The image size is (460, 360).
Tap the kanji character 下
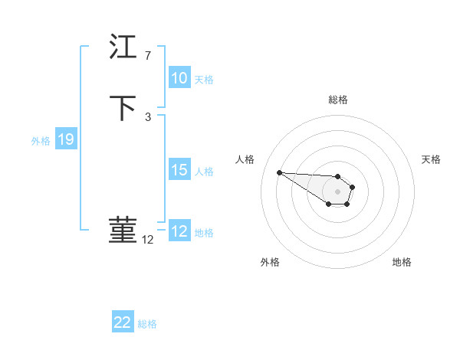pyautogui.click(x=123, y=106)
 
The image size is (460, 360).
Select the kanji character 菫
pyautogui.click(x=123, y=229)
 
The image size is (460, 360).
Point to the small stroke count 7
pyautogui.click(x=148, y=55)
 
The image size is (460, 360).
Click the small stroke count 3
pyautogui.click(x=148, y=116)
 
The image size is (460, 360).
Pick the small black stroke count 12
pyautogui.click(x=148, y=240)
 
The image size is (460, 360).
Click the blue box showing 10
pyautogui.click(x=179, y=78)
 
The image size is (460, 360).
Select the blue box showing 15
pyautogui.click(x=179, y=170)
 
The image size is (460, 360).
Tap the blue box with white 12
pyautogui.click(x=179, y=231)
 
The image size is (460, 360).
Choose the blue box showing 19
pyautogui.click(x=66, y=139)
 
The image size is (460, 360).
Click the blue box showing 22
pyautogui.click(x=123, y=322)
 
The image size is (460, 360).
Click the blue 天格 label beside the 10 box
pyautogui.click(x=204, y=80)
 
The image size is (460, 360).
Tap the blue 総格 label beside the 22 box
pyautogui.click(x=147, y=324)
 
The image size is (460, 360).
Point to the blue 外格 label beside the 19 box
pyautogui.click(x=41, y=141)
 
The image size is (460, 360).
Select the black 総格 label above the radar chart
pyautogui.click(x=338, y=100)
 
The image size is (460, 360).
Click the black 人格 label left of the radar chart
pyautogui.click(x=245, y=159)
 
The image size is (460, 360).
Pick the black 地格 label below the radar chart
pyautogui.click(x=402, y=262)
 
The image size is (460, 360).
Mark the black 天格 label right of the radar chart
pyautogui.click(x=431, y=159)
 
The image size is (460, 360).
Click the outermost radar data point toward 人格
pyautogui.click(x=279, y=172)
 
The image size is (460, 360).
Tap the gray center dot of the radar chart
pyautogui.click(x=338, y=191)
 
